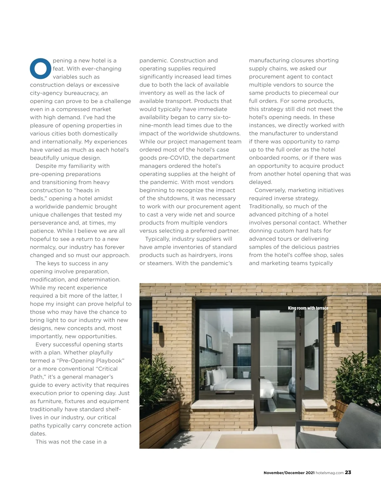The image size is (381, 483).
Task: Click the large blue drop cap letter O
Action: (40, 68)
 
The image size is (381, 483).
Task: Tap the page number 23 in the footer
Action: (348, 472)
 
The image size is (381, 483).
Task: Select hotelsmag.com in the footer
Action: (330, 473)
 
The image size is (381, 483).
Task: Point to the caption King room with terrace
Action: (308, 308)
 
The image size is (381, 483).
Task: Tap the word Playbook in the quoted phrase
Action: (108, 360)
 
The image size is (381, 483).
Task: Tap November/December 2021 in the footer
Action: (289, 473)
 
